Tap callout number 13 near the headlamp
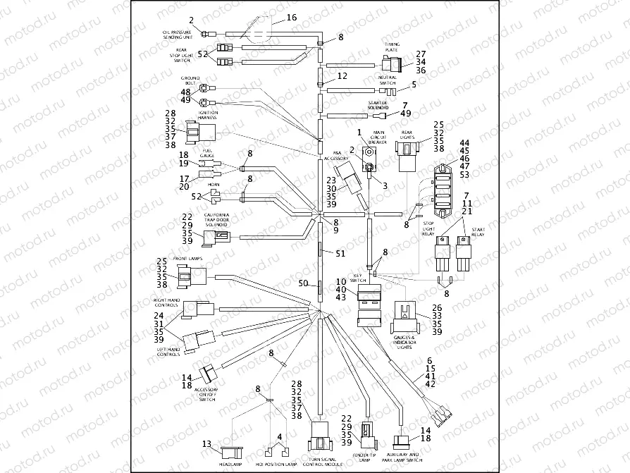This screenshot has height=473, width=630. coord(206,444)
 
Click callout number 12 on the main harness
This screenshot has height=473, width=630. coord(342,75)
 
